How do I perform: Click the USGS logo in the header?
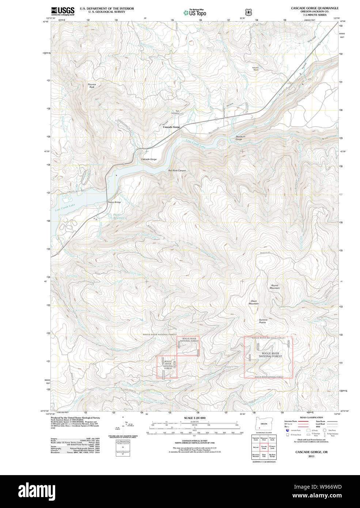[x=62, y=11]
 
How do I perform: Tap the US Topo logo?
[x=195, y=12]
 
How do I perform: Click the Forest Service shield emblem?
[x=249, y=12]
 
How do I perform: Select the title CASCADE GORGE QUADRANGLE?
[x=314, y=8]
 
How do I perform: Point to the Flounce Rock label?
[x=92, y=86]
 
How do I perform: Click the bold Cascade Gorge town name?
[x=171, y=127]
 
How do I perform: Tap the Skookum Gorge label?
[x=239, y=138]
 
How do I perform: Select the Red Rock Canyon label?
[x=177, y=171]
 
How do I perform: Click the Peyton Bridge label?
[x=114, y=202]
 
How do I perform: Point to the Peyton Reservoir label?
[x=118, y=216]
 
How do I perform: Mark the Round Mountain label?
[x=275, y=287]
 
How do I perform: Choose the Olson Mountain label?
[x=254, y=302]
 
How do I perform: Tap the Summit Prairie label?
[x=262, y=321]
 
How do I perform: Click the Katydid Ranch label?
[x=255, y=68]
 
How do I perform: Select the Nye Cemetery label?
[x=175, y=112]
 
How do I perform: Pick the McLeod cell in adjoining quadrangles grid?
[x=255, y=447]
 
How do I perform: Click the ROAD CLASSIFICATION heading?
[x=311, y=417]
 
